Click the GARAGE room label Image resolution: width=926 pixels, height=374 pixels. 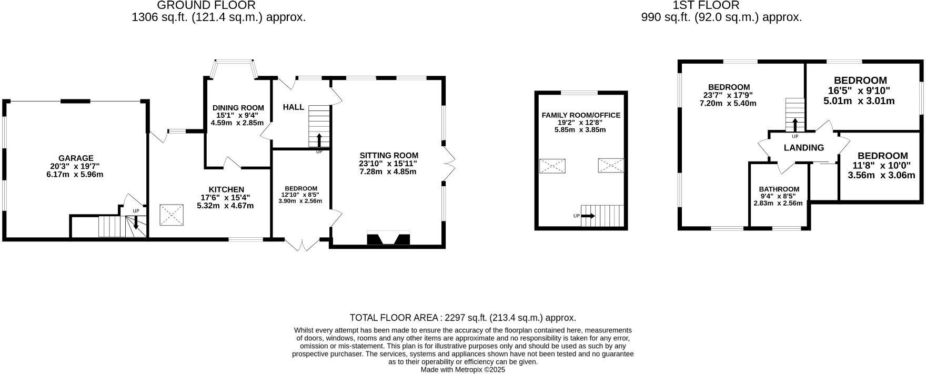pos(76,158)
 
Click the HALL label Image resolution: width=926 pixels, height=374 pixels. pos(293,107)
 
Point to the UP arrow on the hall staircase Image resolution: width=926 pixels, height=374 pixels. pos(319,140)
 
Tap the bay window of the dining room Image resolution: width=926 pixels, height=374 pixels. pos(236,69)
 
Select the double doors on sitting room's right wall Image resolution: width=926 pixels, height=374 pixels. pos(448,163)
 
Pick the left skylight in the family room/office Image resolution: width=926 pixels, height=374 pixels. pos(552,166)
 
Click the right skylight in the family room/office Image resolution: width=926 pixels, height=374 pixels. pos(610,166)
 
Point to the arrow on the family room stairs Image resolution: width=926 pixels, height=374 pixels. pos(588,216)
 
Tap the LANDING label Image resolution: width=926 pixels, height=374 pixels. pos(803,148)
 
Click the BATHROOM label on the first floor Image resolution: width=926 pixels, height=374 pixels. pos(779,189)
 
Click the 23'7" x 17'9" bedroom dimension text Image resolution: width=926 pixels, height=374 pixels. pos(729,95)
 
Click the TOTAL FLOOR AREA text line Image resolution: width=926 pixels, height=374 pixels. pos(462,318)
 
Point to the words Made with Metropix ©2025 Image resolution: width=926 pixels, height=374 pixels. pos(462,370)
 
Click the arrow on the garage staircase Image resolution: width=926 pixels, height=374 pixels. pos(136,223)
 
